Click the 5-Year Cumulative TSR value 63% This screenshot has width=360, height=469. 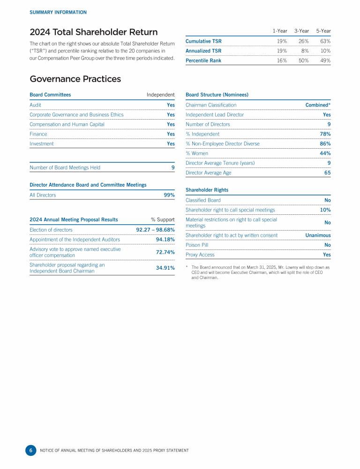[x=323, y=41]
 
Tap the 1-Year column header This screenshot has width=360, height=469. [x=280, y=31]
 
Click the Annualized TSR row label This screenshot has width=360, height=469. [x=203, y=51]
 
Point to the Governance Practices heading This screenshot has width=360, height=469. [x=75, y=79]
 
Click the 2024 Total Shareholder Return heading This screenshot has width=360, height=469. [x=93, y=32]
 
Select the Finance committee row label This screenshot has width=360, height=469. [x=38, y=134]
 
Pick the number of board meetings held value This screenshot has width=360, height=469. [x=172, y=167]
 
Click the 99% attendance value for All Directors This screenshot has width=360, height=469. [x=169, y=195]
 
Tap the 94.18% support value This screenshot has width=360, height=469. [x=165, y=240]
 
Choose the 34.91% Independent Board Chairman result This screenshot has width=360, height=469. [x=165, y=268]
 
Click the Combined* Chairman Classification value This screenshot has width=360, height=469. [x=318, y=105]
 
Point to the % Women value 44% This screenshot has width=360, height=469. [x=325, y=153]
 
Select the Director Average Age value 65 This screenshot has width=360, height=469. [x=327, y=173]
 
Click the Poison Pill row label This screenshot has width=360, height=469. [x=197, y=245]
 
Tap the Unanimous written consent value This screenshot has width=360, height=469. [x=318, y=235]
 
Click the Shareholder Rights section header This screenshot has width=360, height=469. [x=207, y=190]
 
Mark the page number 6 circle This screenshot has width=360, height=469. [x=30, y=450]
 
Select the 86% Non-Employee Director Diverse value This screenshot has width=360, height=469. [x=325, y=144]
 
